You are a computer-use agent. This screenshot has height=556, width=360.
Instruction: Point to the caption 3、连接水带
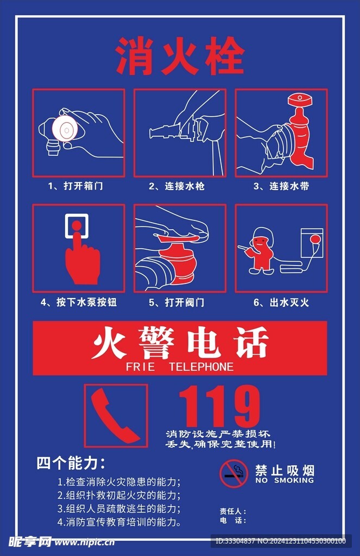click(x=281, y=186)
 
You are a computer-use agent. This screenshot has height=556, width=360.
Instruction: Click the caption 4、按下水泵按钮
click(x=78, y=302)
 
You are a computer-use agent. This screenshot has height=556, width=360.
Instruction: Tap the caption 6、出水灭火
click(x=281, y=302)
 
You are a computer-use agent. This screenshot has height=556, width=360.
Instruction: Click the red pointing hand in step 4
click(x=81, y=261)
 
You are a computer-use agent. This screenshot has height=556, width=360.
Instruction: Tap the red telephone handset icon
click(x=115, y=416)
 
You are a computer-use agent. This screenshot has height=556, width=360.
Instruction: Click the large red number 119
click(x=219, y=406)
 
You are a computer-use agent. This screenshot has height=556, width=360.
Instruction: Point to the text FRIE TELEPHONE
click(x=179, y=367)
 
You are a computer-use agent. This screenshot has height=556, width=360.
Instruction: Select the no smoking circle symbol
click(x=234, y=473)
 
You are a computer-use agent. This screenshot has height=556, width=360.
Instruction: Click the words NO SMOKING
click(x=284, y=481)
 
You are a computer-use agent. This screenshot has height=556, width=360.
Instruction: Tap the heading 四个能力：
click(x=71, y=463)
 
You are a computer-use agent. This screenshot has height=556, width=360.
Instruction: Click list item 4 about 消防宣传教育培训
click(x=119, y=522)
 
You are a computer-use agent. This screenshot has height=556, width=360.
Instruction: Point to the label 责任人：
click(x=233, y=511)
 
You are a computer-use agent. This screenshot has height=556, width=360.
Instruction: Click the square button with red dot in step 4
click(x=77, y=225)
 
